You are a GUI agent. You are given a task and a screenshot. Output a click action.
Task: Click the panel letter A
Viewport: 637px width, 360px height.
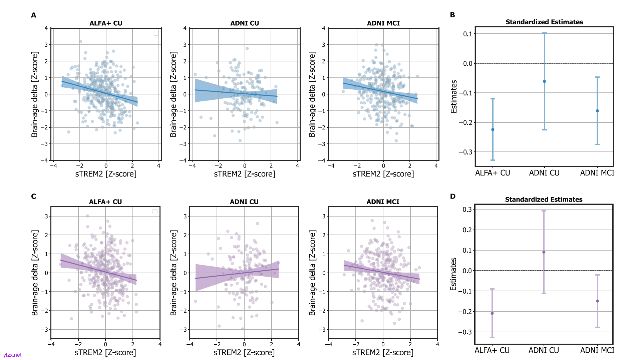pos(34,15)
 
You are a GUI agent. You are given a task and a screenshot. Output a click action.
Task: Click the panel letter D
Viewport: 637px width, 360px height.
pos(452,196)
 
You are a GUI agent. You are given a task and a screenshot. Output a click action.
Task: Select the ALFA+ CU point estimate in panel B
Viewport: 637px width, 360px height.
pos(493,129)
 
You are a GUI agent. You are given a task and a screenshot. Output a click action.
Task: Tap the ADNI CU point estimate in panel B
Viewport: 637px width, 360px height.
pos(544,81)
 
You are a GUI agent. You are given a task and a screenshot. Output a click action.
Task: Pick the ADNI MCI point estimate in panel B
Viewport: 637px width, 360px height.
pos(597,111)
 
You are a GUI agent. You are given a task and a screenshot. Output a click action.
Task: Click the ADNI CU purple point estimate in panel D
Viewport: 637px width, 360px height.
pos(544,252)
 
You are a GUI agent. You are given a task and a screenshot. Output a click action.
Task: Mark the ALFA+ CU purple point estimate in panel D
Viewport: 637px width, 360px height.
pos(492,313)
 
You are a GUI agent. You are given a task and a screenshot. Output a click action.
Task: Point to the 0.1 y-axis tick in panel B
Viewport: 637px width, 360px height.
pos(468,34)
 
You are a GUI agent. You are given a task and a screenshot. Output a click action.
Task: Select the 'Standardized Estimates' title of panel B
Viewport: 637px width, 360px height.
pos(544,22)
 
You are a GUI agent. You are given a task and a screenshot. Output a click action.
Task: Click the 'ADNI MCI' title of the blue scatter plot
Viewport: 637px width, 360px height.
pos(383,23)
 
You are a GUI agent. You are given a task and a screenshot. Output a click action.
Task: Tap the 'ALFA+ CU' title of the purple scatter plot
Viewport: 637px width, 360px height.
pos(105,202)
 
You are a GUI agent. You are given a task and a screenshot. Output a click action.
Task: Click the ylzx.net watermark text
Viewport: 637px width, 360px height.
pos(12,355)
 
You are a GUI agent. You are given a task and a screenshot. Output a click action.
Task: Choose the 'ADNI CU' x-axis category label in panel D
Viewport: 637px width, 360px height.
pos(544,350)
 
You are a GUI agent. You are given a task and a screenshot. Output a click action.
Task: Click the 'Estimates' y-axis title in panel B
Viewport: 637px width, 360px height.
pos(454,96)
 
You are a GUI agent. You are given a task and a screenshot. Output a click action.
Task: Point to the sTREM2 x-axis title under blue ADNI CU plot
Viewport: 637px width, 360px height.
pos(245,174)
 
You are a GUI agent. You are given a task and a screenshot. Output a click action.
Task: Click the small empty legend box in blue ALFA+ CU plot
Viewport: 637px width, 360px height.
pos(156,33)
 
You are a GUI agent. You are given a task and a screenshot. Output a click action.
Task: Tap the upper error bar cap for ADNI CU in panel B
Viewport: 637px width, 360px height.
pos(544,33)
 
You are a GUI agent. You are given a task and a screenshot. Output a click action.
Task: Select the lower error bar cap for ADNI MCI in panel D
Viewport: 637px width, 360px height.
pos(597,327)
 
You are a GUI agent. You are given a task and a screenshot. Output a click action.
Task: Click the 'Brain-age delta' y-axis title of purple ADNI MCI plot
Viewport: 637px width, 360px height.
pos(312,273)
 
